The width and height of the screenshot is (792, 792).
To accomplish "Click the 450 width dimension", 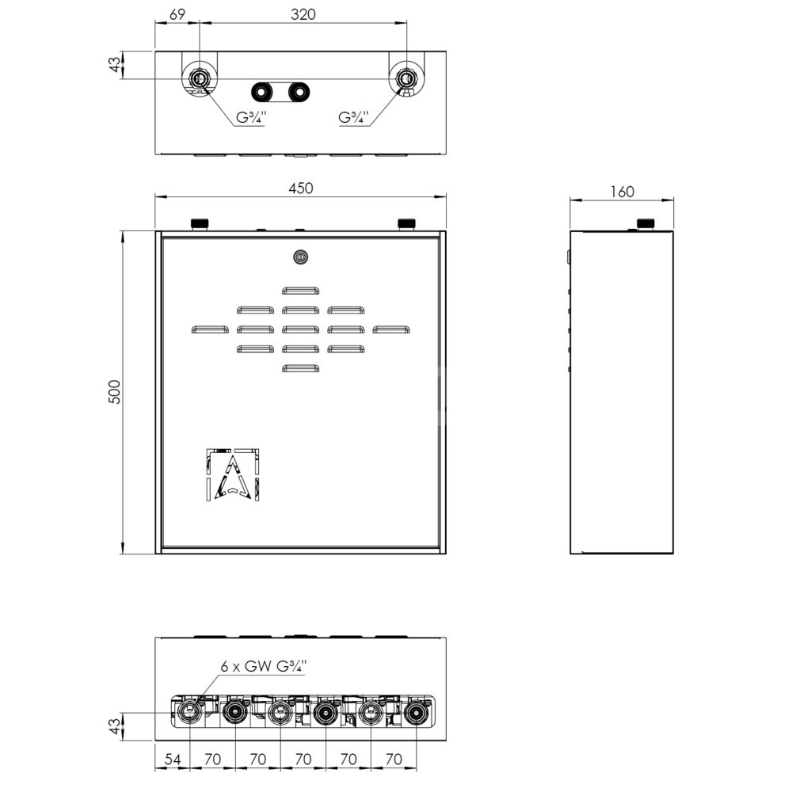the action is [x=300, y=188].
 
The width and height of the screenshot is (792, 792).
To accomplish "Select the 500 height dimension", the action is [x=115, y=391].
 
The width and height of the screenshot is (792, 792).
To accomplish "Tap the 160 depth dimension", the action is [x=622, y=192].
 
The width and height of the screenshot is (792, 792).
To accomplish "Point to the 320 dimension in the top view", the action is [x=303, y=14].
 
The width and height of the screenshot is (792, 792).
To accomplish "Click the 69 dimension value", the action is [x=177, y=14].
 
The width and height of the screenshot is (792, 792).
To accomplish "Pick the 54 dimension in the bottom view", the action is [x=172, y=760].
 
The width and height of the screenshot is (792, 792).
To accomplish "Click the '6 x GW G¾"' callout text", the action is [x=263, y=666].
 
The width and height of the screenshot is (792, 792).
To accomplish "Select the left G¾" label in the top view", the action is [x=251, y=118].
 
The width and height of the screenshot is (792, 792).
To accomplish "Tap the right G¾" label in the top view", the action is [x=353, y=118].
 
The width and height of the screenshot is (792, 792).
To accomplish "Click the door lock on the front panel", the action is [x=300, y=257].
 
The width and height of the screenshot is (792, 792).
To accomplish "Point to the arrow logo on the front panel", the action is [x=233, y=474].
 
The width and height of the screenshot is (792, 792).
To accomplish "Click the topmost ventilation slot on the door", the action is [x=300, y=291].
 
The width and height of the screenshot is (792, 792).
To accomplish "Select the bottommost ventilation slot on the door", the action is [x=300, y=368].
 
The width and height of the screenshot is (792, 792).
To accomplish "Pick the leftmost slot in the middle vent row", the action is [x=210, y=329].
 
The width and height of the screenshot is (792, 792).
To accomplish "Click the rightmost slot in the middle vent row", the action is [x=391, y=329].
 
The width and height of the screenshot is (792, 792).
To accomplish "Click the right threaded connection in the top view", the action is [x=406, y=78].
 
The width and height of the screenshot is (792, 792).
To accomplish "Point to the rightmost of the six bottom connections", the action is [x=417, y=713].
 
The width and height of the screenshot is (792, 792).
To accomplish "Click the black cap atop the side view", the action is [x=645, y=224].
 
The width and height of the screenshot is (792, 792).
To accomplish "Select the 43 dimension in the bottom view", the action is [x=116, y=726].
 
